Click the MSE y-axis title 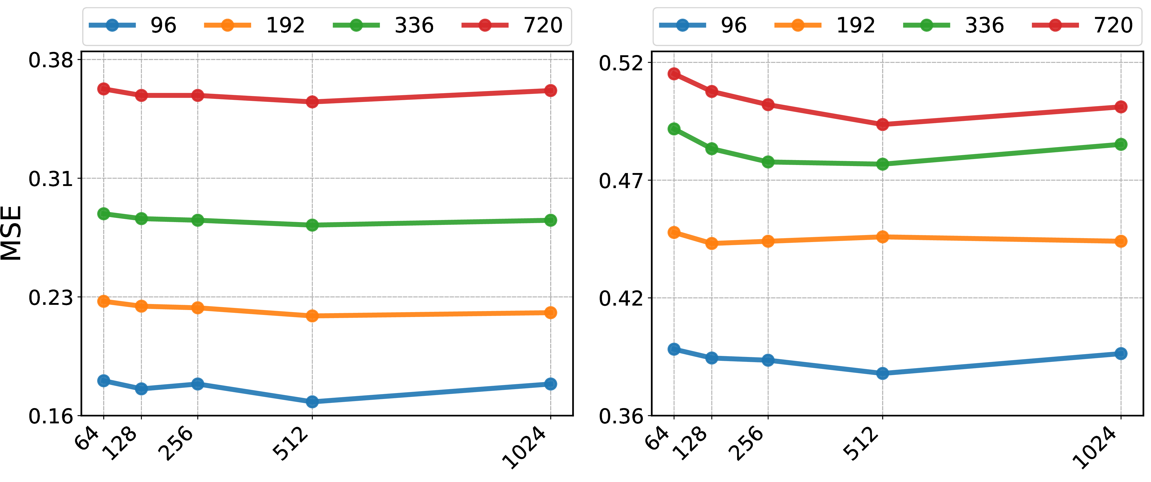[x=11, y=232]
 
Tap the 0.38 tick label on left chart [x=51, y=60]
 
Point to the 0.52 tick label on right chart [x=621, y=63]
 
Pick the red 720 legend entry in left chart [x=512, y=25]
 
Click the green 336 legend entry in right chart [x=954, y=25]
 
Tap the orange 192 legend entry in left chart [x=255, y=25]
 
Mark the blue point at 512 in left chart [x=312, y=402]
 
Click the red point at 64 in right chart [x=674, y=74]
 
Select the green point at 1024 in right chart [x=1121, y=144]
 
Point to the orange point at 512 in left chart [x=312, y=316]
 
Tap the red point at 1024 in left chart [x=551, y=90]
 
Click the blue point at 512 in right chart [x=883, y=373]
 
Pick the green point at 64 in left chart [x=104, y=214]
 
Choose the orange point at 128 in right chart [x=712, y=243]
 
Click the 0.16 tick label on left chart [x=51, y=416]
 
